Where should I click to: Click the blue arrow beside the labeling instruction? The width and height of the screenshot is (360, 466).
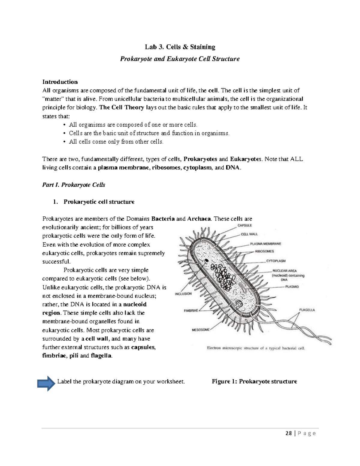tap(46, 384)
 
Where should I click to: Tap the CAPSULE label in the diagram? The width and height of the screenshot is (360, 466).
tap(244, 225)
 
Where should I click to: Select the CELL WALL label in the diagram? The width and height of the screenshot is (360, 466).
tap(249, 234)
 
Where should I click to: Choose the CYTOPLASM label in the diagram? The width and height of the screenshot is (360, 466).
tap(276, 261)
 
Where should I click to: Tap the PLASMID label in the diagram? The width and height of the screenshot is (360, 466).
tap(292, 287)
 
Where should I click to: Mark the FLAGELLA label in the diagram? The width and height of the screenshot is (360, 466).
tap(307, 310)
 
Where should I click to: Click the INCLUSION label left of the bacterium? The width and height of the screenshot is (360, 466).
tap(183, 294)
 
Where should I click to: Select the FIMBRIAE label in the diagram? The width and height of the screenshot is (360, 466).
tap(191, 311)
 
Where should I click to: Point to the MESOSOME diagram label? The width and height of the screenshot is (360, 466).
tap(201, 330)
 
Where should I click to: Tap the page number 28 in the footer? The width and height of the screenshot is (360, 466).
tap(289, 433)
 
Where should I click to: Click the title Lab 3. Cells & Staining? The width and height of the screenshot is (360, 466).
tap(180, 47)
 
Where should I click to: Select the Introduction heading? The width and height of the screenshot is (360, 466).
tap(60, 82)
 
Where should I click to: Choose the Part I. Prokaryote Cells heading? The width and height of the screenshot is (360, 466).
tap(74, 185)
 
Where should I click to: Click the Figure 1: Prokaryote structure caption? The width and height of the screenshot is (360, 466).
tap(254, 381)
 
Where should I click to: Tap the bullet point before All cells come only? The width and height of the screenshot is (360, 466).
tap(64, 142)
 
